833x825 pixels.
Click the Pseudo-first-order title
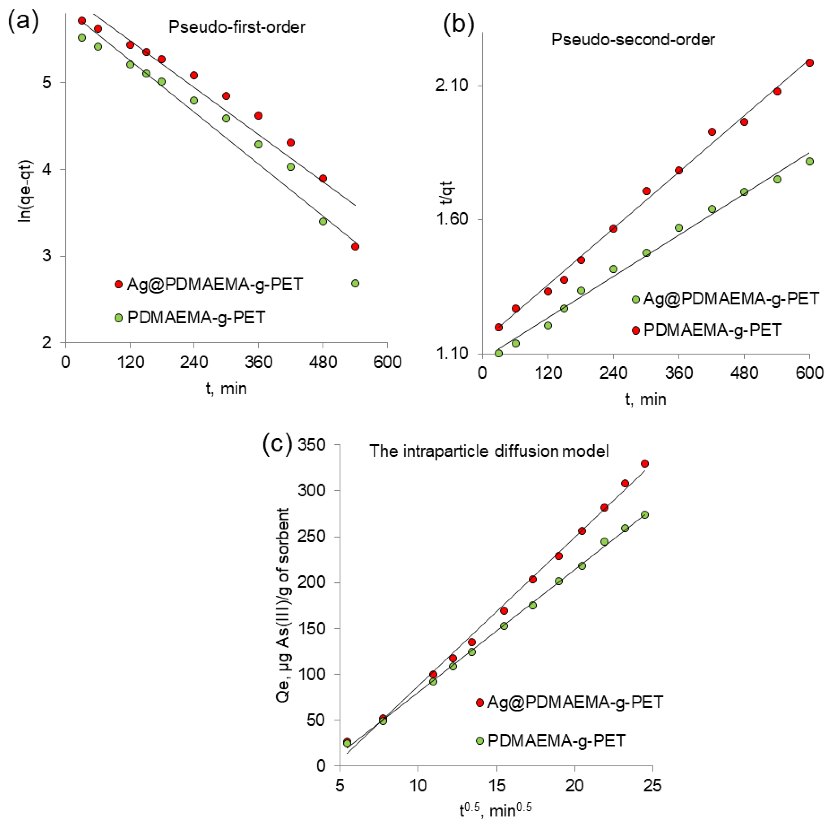click(237, 27)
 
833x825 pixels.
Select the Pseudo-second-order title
click(633, 40)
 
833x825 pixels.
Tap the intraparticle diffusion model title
click(489, 451)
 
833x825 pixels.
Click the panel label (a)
click(23, 22)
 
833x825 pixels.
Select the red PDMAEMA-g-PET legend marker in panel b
click(636, 330)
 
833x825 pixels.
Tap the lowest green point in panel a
click(355, 283)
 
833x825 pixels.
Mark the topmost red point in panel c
click(644, 464)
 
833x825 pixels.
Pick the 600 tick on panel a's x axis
click(387, 362)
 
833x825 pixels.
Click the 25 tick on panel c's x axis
click(652, 786)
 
